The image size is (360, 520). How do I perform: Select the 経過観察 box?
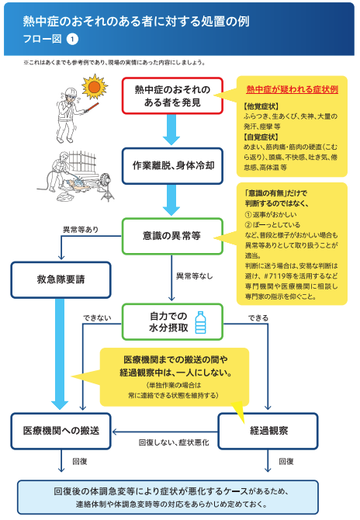tap(268, 430)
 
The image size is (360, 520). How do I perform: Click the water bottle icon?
tap(200, 321)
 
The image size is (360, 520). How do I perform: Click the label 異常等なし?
tap(193, 275)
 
